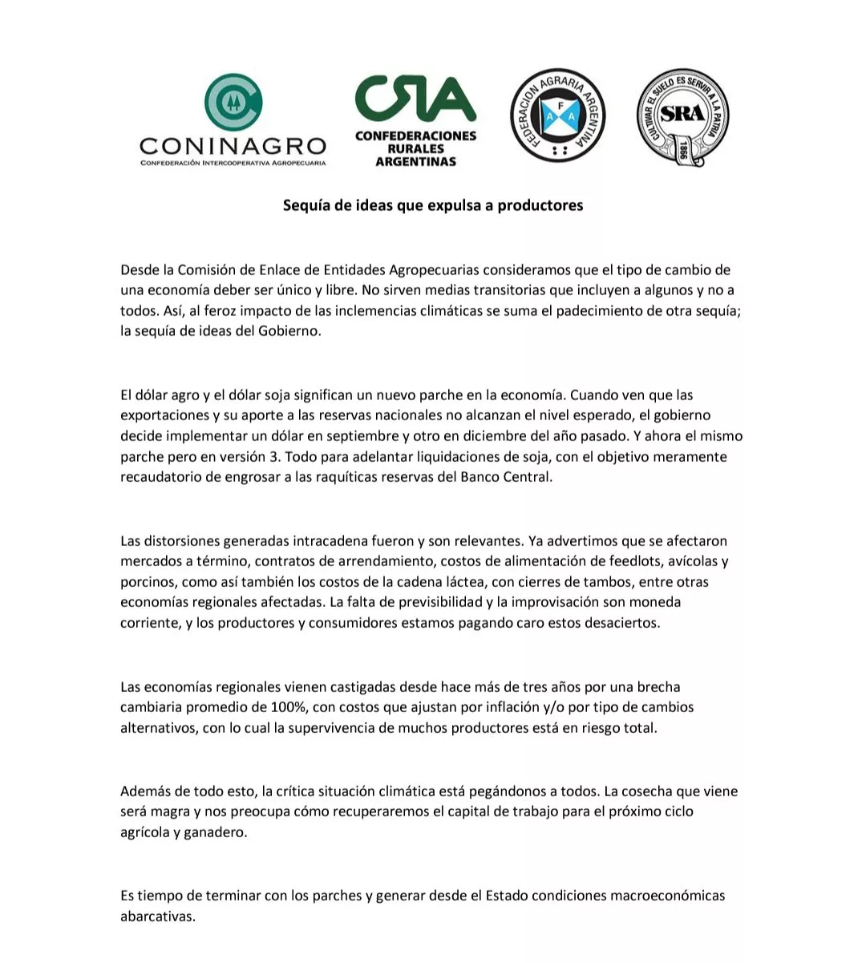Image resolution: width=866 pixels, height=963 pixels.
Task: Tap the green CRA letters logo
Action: [415, 97]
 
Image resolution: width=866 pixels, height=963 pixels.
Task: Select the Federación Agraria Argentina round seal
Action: [558, 115]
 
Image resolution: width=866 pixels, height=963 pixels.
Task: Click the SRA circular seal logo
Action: [683, 116]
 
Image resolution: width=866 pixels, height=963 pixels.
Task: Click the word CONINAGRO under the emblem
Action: [233, 146]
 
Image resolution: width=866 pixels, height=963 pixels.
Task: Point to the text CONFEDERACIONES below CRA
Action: [415, 136]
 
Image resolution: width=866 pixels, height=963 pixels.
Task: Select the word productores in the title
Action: [540, 205]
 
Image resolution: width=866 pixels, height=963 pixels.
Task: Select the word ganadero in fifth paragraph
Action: [216, 832]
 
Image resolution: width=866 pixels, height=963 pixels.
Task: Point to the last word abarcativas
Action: [157, 916]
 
